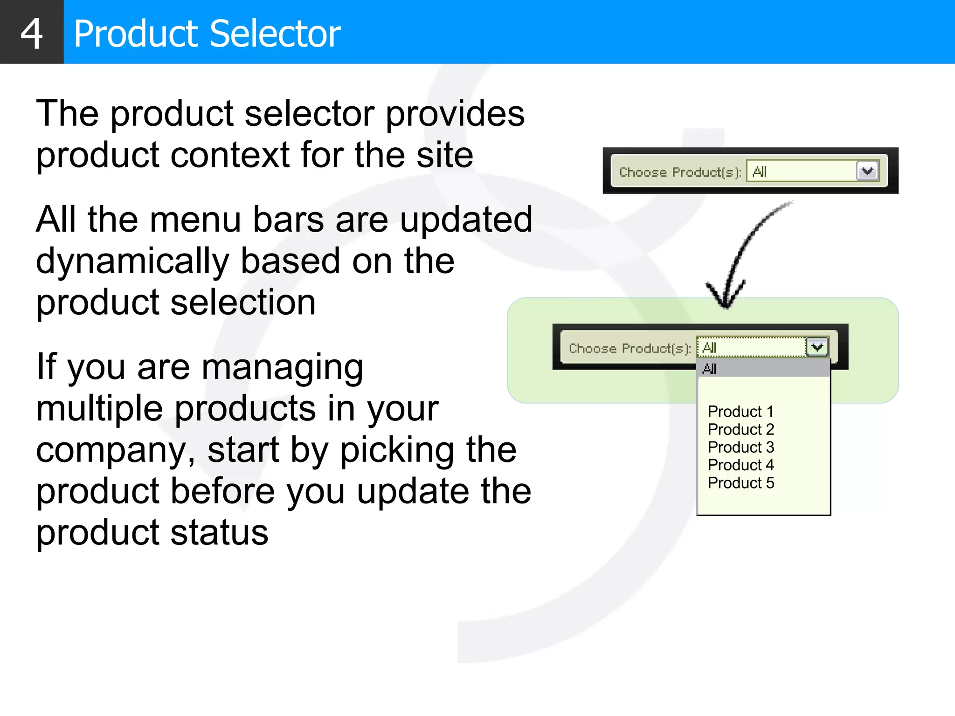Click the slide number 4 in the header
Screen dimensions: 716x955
pos(32,34)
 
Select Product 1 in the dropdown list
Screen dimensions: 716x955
pos(740,412)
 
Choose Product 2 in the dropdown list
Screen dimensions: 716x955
pos(741,429)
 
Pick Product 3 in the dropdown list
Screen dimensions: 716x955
pos(741,447)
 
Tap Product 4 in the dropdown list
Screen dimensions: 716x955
pos(741,465)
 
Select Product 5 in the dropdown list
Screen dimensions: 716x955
pos(741,483)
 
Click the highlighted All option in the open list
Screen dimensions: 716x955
pos(763,369)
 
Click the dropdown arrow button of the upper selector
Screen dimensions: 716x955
pos(867,171)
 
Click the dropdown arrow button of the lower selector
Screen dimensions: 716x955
pos(817,347)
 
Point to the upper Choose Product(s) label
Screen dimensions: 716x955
pos(679,172)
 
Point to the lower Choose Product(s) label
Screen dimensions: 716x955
pos(629,349)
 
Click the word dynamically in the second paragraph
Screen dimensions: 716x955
pos(132,262)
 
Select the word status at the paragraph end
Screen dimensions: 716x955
pos(219,533)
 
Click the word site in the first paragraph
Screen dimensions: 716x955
pos(444,155)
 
